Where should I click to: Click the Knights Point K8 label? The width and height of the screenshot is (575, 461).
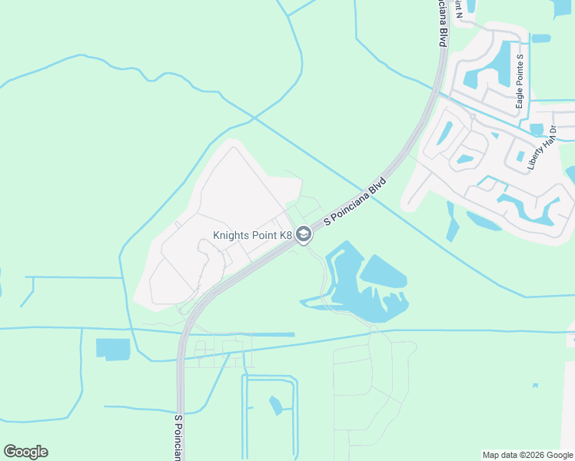[252, 235]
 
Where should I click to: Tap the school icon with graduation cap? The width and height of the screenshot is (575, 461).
[304, 235]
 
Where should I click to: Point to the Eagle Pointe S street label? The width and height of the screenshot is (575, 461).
[520, 81]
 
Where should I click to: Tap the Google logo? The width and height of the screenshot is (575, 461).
[25, 452]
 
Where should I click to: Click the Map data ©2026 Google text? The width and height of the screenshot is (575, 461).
[527, 455]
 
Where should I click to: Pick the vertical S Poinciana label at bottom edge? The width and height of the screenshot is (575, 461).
[178, 439]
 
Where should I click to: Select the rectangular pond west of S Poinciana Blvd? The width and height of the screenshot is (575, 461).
[113, 348]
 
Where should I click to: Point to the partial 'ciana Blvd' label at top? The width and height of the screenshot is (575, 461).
[443, 23]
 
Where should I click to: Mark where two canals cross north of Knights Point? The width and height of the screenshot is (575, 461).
[253, 118]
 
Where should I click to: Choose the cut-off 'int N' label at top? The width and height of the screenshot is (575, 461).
[458, 8]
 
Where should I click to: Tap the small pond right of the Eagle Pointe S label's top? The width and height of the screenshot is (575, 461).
[541, 38]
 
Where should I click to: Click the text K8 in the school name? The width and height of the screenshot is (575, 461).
[285, 235]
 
